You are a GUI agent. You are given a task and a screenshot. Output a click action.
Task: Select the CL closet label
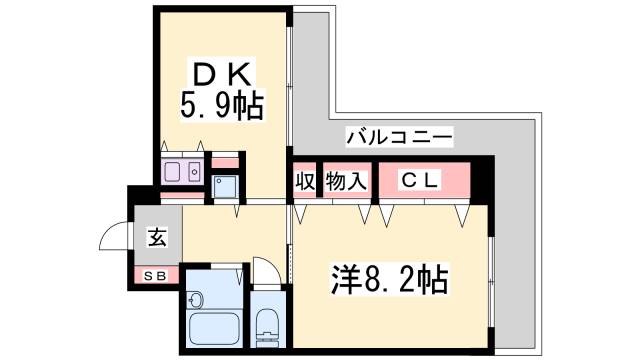pyautogui.click(x=421, y=180)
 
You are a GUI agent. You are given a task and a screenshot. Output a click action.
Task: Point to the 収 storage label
pyautogui.click(x=304, y=181)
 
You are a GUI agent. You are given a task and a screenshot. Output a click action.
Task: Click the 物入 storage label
pyautogui.click(x=347, y=181)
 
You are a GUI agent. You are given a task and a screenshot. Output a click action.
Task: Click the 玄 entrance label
pyautogui.click(x=157, y=238)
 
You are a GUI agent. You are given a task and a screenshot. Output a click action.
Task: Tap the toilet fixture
pyautogui.click(x=267, y=322)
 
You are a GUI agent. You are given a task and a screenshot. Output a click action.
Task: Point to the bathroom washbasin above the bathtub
pyautogui.click(x=198, y=297)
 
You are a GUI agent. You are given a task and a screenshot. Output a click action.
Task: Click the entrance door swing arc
pyautogui.click(x=112, y=237)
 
